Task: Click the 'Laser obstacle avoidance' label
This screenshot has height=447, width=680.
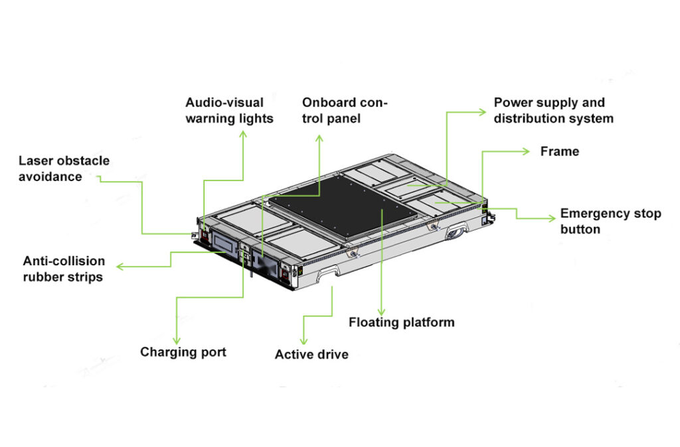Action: point(64,168)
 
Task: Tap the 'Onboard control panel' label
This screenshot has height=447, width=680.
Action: point(345,110)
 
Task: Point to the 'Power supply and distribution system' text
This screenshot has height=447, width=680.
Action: point(553,110)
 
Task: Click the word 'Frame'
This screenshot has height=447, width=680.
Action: point(559,151)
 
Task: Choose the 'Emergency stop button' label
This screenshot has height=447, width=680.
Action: point(610,222)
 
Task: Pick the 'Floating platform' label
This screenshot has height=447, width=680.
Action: point(402,322)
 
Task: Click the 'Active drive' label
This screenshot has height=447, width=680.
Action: point(311,354)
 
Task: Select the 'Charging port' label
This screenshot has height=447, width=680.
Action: point(183,351)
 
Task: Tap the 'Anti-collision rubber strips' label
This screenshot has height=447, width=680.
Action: point(64,269)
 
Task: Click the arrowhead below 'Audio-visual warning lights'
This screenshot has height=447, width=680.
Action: point(242,134)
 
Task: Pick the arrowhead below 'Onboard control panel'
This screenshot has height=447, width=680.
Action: point(319,138)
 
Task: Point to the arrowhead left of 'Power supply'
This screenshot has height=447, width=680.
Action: point(484,113)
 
